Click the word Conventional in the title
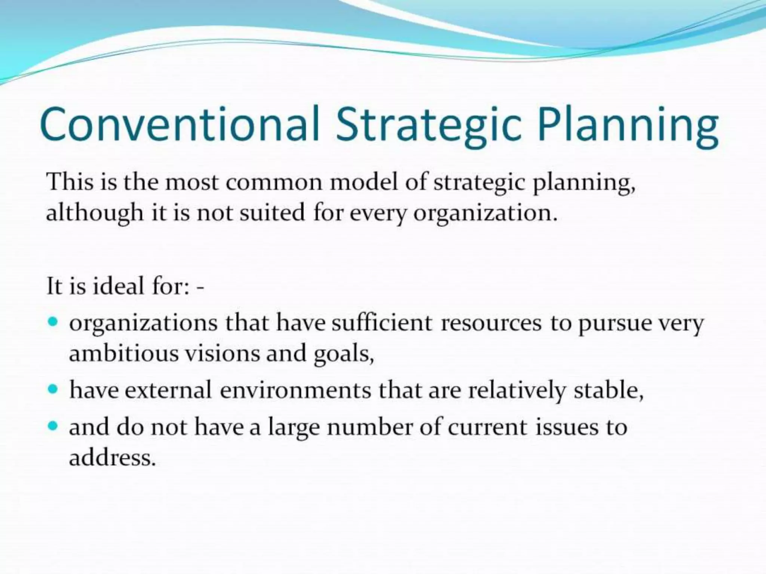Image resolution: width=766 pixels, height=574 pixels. (x=180, y=124)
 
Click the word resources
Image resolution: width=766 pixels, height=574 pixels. (x=491, y=323)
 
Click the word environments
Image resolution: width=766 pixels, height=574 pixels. (x=295, y=390)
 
